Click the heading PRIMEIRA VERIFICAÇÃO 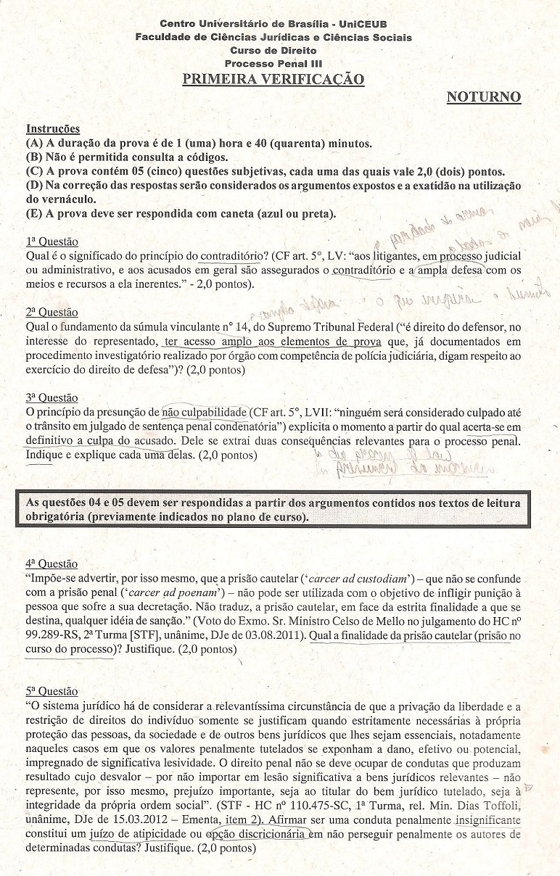(273, 79)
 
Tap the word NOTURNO (483, 97)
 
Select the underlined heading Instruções (53, 130)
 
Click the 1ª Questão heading (52, 241)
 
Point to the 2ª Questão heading (52, 313)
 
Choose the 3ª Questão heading (52, 398)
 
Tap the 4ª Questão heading (52, 563)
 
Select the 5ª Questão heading (52, 692)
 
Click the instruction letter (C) (34, 171)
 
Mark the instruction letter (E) (34, 214)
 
